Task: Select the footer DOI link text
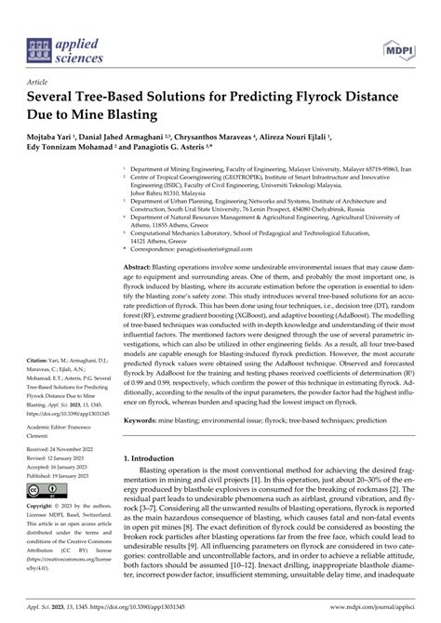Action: (x=159, y=615)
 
